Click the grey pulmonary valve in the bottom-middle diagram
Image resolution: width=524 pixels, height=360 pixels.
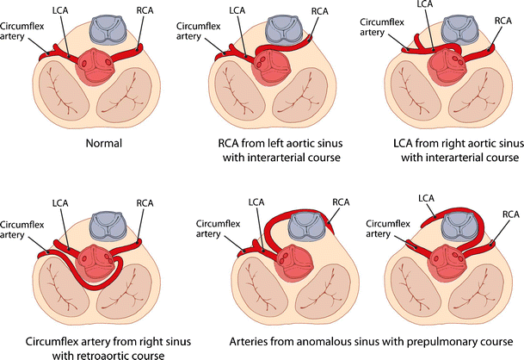click(303, 228)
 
